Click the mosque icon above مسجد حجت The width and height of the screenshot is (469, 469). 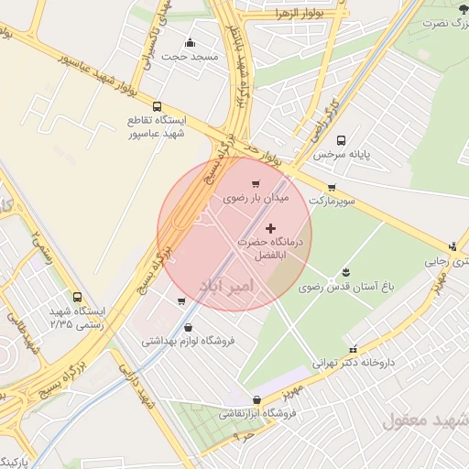[x=190, y=42]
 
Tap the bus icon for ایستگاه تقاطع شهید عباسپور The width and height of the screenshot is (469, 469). [x=158, y=106]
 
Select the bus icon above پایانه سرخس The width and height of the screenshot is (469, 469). [x=341, y=141]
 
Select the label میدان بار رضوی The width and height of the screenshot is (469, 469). [x=257, y=197]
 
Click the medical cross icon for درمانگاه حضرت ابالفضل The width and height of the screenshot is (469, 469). [x=269, y=226]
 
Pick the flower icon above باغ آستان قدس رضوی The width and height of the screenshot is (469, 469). [x=346, y=272]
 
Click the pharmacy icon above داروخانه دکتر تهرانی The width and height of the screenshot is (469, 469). [x=354, y=349]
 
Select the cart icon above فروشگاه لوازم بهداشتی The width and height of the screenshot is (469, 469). [x=181, y=300]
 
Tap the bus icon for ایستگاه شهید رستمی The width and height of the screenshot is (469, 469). [x=77, y=297]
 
